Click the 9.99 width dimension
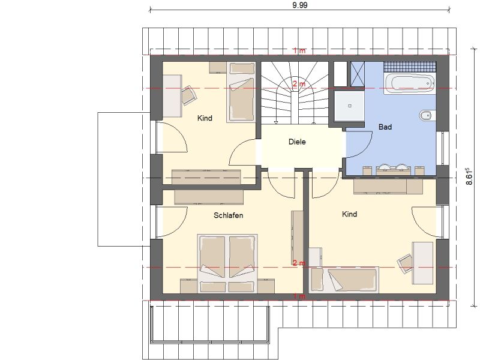click(x=299, y=5)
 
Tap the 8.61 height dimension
click(x=469, y=176)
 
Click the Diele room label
click(x=297, y=142)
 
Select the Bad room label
click(x=385, y=127)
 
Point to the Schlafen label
click(x=229, y=215)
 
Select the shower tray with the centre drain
click(x=349, y=106)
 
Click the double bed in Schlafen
click(x=227, y=263)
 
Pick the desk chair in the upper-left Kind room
click(x=189, y=95)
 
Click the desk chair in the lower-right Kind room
click(x=406, y=263)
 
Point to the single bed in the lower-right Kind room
click(x=344, y=280)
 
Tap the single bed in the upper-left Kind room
click(x=241, y=92)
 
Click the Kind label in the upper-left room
click(x=205, y=118)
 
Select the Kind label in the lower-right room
click(x=349, y=214)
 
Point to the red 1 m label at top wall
click(x=299, y=50)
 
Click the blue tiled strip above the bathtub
click(x=410, y=66)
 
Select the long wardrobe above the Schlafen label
click(x=209, y=197)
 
